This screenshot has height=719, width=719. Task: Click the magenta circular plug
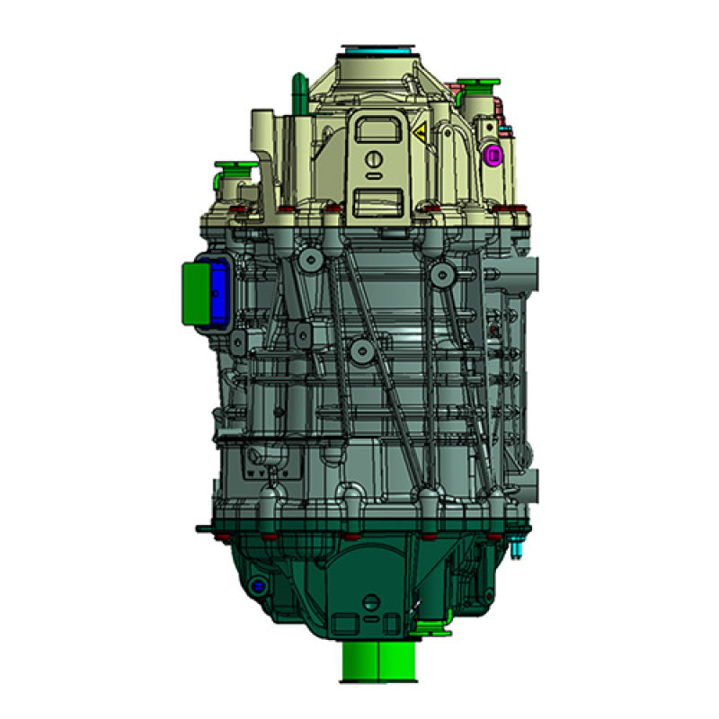tap(493, 155)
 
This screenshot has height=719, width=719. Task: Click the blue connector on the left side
tap(217, 289)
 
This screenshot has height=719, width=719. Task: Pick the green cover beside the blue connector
tap(193, 291)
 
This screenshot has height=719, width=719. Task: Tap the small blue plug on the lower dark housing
tap(258, 586)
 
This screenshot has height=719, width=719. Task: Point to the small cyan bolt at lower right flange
tap(519, 546)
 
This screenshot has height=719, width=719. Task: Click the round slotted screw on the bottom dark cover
tap(368, 600)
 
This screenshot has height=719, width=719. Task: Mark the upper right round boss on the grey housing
tap(439, 271)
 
